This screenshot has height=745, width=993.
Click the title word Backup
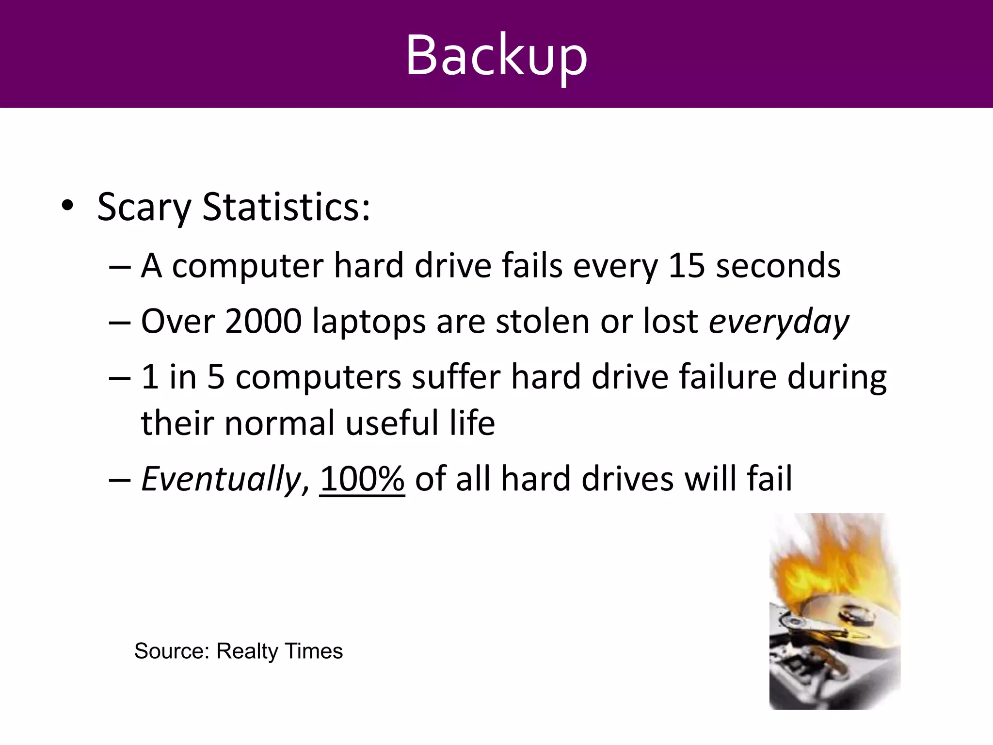(x=496, y=54)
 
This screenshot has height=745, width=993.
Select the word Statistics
(x=286, y=208)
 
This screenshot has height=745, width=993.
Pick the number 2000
(x=263, y=321)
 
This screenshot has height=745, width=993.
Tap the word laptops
(x=368, y=322)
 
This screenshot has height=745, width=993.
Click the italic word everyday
(x=779, y=322)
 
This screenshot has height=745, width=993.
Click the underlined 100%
(x=362, y=479)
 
